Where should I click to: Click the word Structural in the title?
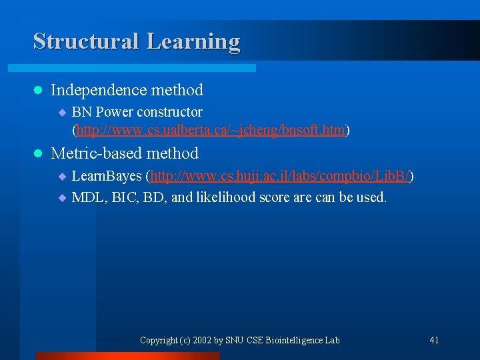(86, 41)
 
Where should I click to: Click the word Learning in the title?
(193, 41)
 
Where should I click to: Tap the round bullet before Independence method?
(37, 90)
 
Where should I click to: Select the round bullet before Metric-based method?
(37, 154)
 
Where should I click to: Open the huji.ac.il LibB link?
(279, 177)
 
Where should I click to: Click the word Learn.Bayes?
(107, 177)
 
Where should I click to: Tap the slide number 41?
(434, 341)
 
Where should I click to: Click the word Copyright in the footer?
(158, 341)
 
